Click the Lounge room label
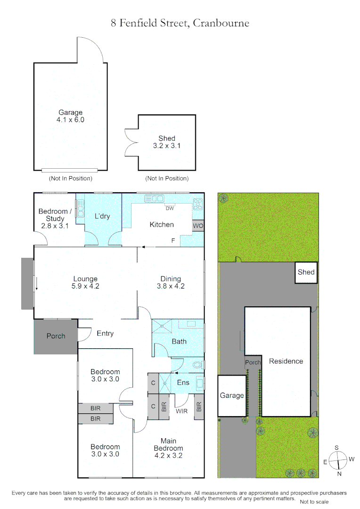(85, 282)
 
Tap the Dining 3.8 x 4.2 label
(171, 282)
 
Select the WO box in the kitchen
(198, 226)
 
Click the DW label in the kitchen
(170, 208)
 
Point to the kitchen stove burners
(198, 204)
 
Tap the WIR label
(182, 411)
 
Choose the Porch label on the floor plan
(56, 336)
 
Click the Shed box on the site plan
(306, 273)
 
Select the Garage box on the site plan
(232, 396)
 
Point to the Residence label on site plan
(286, 361)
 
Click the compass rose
(338, 461)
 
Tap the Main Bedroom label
(169, 448)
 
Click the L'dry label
(102, 216)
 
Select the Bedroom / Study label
(55, 219)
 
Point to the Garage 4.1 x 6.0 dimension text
(70, 120)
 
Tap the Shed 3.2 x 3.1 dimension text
(167, 146)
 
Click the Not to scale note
(314, 501)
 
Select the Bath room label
(179, 341)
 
